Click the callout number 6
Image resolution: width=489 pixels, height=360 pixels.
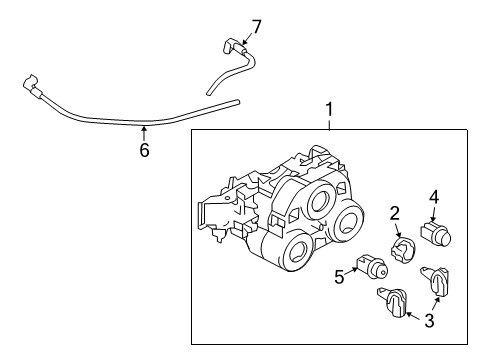click(x=144, y=151)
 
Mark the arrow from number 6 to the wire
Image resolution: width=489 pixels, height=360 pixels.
click(x=144, y=132)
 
